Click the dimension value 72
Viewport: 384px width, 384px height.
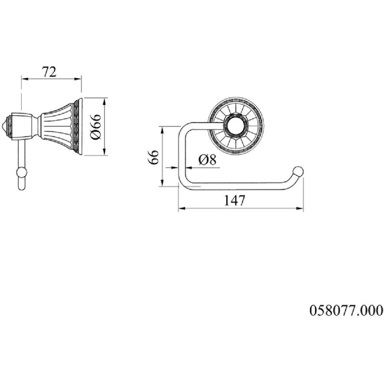(x=49, y=72)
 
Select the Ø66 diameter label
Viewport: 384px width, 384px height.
(x=96, y=127)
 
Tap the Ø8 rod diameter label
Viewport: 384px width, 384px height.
(x=207, y=160)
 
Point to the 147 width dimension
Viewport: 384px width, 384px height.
(x=234, y=201)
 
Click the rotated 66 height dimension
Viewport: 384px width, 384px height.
(x=154, y=157)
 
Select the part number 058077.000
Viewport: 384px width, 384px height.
(x=346, y=310)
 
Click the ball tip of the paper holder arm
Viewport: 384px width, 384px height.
(x=298, y=172)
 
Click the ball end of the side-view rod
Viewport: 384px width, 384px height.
(x=21, y=172)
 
